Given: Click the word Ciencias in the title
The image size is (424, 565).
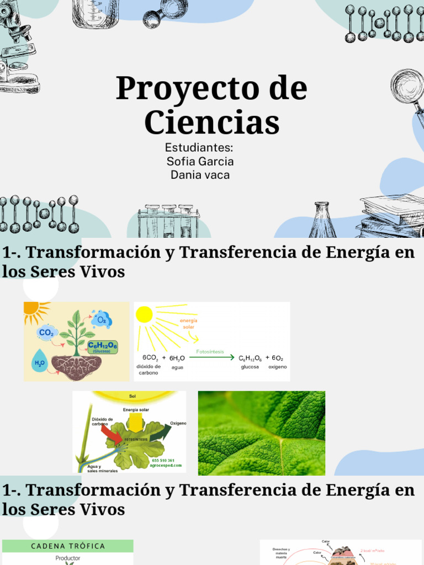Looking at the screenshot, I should (212, 122).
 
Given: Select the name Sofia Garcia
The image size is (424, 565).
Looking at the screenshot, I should (200, 162).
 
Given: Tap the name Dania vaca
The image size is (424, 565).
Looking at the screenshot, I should (200, 175).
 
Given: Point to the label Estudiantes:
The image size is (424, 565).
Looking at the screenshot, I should (199, 148).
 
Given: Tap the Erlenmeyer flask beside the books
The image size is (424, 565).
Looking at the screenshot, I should (322, 220).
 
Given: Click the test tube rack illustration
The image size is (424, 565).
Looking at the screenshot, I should (168, 221).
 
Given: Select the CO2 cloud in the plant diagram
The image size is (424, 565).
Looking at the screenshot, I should (47, 332).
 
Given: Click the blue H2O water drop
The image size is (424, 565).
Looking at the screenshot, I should (40, 362).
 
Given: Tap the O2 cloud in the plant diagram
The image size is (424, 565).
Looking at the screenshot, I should (102, 319).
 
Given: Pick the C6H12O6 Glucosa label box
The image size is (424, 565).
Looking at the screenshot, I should (103, 347).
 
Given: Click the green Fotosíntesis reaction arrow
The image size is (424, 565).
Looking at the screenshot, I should (211, 358).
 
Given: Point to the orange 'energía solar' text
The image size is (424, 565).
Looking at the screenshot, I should (189, 324).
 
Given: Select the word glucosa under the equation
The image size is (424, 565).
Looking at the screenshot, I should (250, 367).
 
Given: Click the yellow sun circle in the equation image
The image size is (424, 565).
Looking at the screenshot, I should (144, 315).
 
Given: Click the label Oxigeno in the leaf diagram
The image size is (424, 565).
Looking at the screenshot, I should (178, 423).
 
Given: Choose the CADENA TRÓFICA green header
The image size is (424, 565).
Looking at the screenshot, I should (68, 546).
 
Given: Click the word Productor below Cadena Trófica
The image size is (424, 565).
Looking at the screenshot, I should (68, 558).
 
